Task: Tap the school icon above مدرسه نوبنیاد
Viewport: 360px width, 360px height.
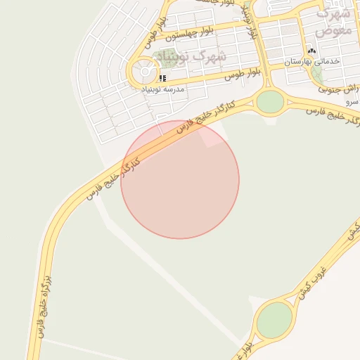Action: [162, 78]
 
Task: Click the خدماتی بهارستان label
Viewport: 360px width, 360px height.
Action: [312, 62]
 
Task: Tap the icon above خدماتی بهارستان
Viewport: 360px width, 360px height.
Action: [312, 51]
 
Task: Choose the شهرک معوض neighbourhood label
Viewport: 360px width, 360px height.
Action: [333, 22]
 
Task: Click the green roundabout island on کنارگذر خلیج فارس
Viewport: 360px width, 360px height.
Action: [270, 102]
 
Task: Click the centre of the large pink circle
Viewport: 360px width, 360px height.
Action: [180, 179]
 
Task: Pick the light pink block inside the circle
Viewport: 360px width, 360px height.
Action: [213, 138]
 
